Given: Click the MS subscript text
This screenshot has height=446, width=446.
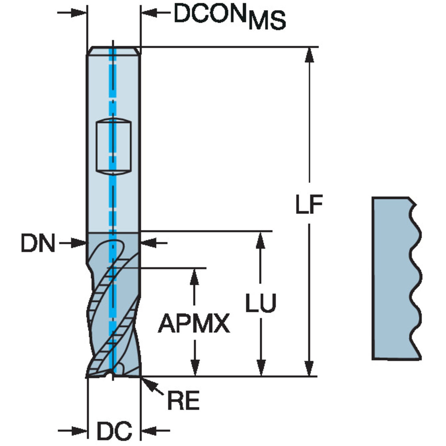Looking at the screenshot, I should point(267,20).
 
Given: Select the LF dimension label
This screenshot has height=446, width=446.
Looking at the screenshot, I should point(309,204).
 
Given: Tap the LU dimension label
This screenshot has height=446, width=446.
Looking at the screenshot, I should point(260,303).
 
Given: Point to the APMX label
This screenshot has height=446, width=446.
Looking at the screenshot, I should point(194,324).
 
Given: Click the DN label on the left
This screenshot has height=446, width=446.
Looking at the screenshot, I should point(38,243).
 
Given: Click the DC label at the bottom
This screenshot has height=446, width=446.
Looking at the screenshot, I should point(114,431).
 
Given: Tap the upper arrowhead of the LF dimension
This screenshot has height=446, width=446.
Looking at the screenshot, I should point(309,55).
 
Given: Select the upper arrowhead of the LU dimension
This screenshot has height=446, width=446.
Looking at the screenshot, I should point(260,239).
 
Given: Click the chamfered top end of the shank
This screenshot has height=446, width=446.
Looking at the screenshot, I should point(113,51).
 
